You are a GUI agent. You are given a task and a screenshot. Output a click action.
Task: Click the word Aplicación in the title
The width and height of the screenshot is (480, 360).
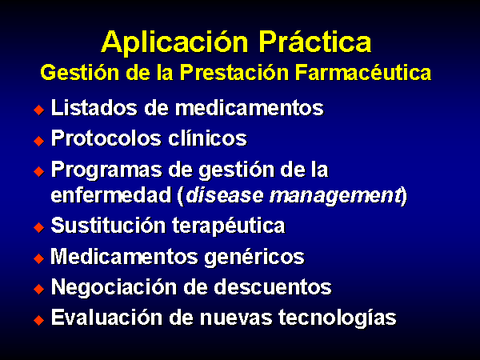pyautogui.click(x=174, y=43)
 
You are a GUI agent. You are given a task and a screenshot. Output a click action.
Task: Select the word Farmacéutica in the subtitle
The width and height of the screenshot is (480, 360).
pyautogui.click(x=363, y=73)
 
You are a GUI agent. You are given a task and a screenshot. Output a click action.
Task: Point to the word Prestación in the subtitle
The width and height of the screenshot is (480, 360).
pyautogui.click(x=234, y=73)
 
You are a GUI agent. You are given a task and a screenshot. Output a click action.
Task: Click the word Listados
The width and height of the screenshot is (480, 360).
pyautogui.click(x=94, y=107)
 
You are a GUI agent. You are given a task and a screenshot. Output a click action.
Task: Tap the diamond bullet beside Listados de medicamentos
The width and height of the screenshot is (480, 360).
pyautogui.click(x=39, y=110)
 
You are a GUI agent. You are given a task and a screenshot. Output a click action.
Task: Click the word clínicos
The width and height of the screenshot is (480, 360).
pyautogui.click(x=207, y=138)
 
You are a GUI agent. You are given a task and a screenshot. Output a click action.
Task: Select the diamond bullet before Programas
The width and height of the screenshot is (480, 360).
pyautogui.click(x=39, y=171)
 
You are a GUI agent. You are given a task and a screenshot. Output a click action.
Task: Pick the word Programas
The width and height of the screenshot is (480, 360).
pyautogui.click(x=106, y=170)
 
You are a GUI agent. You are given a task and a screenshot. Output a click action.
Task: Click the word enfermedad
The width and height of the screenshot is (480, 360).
pyautogui.click(x=111, y=194)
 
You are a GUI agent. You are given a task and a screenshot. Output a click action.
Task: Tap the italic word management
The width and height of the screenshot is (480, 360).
pyautogui.click(x=335, y=196)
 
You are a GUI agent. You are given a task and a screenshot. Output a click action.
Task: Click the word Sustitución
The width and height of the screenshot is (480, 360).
pyautogui.click(x=108, y=226)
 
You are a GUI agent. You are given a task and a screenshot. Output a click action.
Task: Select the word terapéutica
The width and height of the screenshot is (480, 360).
pyautogui.click(x=228, y=226)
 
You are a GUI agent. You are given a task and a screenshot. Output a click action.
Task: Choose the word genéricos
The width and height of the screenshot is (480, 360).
pyautogui.click(x=254, y=258)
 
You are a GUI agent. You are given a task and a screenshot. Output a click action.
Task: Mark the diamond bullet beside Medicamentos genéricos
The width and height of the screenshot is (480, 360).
pyautogui.click(x=39, y=258)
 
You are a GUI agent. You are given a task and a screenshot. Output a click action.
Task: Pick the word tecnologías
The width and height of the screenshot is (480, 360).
pyautogui.click(x=338, y=318)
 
